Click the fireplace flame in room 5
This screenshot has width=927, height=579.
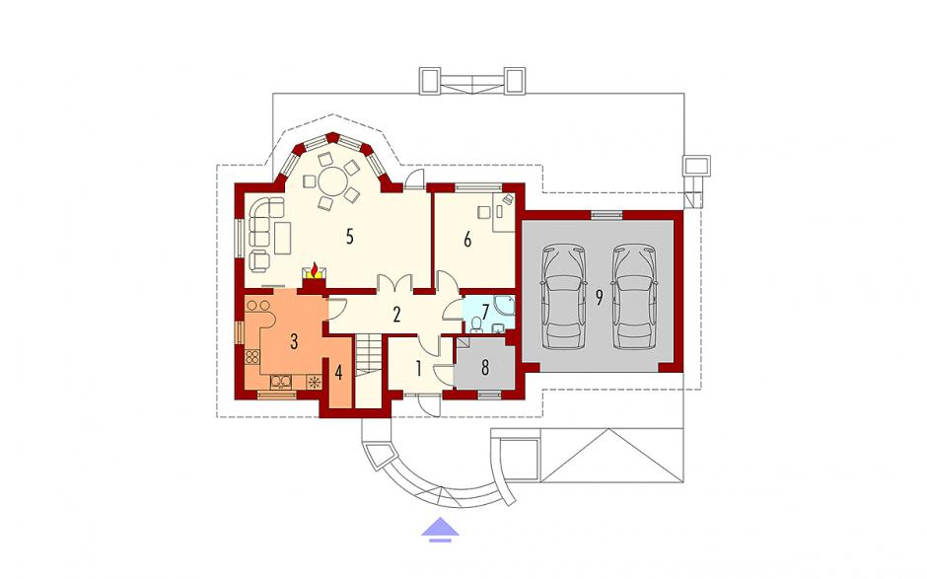pyautogui.click(x=317, y=270)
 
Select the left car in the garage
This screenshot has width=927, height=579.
pyautogui.click(x=564, y=296)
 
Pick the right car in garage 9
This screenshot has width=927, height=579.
pyautogui.click(x=634, y=296)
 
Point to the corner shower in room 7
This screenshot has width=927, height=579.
pyautogui.click(x=506, y=305)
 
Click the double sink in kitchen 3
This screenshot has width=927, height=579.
pyautogui.click(x=281, y=382)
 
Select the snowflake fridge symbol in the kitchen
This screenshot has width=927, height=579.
pyautogui.click(x=314, y=382)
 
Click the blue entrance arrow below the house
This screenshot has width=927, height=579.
pyautogui.click(x=440, y=530)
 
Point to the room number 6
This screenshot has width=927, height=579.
pyautogui.click(x=467, y=240)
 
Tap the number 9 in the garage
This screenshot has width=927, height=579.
pyautogui.click(x=599, y=298)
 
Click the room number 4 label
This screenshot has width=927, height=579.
pyautogui.click(x=339, y=373)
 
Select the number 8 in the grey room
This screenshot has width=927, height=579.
pyautogui.click(x=485, y=367)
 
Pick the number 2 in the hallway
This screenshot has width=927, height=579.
pyautogui.click(x=396, y=314)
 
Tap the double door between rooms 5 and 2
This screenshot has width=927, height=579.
pyautogui.click(x=394, y=283)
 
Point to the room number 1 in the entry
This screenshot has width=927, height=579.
pyautogui.click(x=418, y=369)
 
